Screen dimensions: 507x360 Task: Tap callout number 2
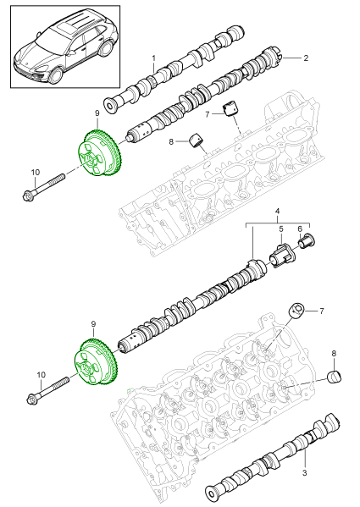point(306,58)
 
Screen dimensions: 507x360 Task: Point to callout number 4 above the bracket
point(276,209)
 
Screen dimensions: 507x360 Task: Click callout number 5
point(282,229)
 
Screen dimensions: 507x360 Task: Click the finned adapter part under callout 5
point(283,254)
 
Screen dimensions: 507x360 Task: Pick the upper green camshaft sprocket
point(97,157)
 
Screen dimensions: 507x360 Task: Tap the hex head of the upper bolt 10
point(28,196)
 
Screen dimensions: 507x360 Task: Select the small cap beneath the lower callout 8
point(335,375)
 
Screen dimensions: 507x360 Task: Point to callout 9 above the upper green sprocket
point(97,113)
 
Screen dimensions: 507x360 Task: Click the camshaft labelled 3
point(271,457)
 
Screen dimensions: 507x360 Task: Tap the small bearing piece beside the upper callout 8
point(201,140)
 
